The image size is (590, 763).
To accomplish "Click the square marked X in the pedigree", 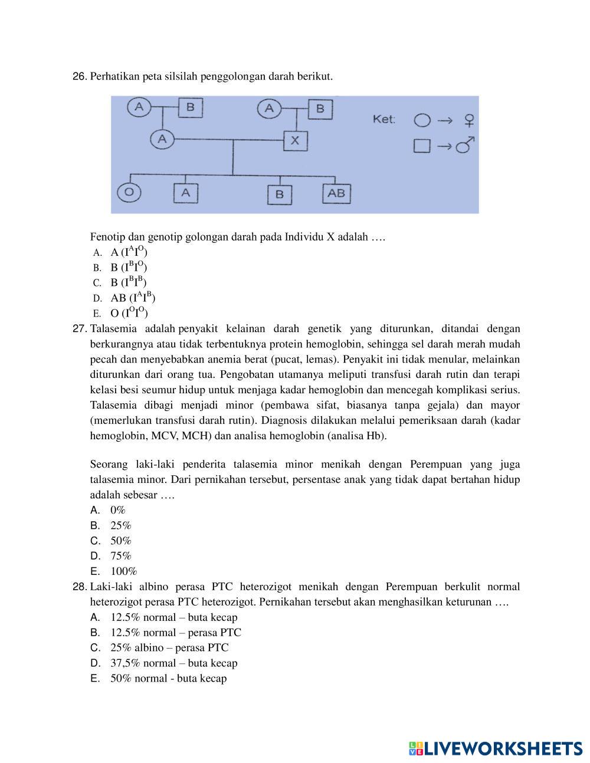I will click(295, 140).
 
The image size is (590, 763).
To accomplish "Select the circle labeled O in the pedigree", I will click(130, 192).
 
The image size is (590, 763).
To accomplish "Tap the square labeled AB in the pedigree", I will click(336, 193).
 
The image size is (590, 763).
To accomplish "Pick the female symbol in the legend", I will click(469, 121).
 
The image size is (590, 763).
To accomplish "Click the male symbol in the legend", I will click(466, 145).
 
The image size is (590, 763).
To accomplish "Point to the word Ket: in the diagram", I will click(383, 119).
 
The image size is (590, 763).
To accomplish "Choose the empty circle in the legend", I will click(422, 120).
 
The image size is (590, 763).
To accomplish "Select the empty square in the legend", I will click(421, 146).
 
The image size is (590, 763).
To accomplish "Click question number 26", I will click(80, 77).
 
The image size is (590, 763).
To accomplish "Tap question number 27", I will click(80, 328).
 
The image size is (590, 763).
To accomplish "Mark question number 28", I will click(80, 587).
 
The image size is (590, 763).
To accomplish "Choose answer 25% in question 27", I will click(120, 525).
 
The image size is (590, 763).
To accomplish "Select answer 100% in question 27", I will click(123, 571).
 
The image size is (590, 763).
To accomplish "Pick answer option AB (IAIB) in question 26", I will click(133, 297).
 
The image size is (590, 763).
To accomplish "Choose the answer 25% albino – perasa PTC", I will click(169, 647).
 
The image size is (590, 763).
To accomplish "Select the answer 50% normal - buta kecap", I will click(168, 678).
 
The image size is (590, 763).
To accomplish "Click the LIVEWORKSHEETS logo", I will click(495, 748).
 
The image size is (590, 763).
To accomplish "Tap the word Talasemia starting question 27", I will click(113, 328).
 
